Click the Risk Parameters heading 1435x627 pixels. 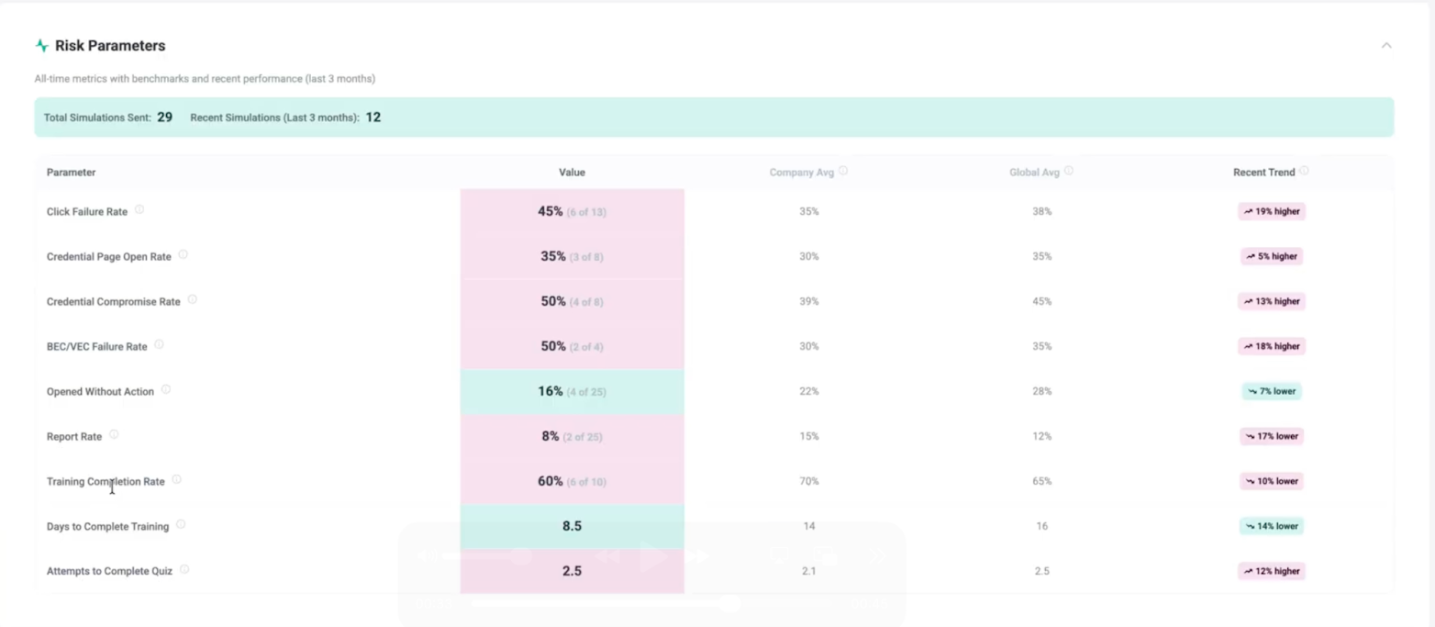tap(109, 46)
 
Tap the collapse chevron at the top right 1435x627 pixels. tap(1386, 46)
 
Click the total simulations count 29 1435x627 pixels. tap(164, 118)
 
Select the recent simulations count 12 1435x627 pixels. tap(373, 118)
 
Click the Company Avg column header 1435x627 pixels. tap(801, 172)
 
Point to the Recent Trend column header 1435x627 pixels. tap(1264, 172)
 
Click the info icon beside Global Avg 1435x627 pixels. tap(1069, 171)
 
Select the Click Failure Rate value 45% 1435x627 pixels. tap(550, 211)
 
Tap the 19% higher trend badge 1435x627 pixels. tap(1272, 211)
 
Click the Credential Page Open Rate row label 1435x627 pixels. tap(109, 256)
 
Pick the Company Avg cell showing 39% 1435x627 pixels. tap(809, 301)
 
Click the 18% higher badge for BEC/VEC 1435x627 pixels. tap(1272, 346)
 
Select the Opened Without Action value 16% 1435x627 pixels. tap(550, 391)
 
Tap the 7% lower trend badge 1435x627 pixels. tap(1272, 391)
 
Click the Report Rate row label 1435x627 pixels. tap(74, 437)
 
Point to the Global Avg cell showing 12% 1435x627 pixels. tap(1042, 436)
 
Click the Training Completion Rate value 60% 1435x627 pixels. tap(550, 481)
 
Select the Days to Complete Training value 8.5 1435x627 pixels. tap(573, 526)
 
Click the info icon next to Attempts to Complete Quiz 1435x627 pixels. tap(184, 569)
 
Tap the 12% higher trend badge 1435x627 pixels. tap(1272, 571)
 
